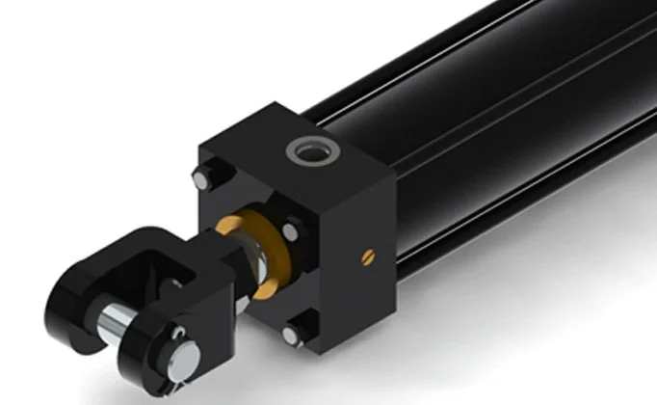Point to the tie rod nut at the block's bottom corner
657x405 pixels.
pyautogui.click(x=293, y=334)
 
